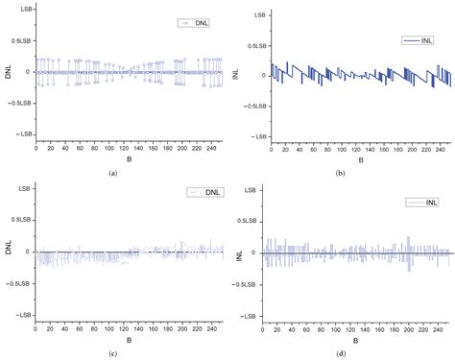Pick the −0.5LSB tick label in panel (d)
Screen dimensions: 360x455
pos(247,285)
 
